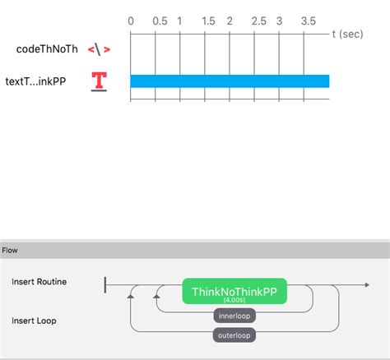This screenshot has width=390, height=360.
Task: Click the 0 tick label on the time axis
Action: coord(131,20)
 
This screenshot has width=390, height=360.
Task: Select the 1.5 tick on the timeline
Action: coord(208,20)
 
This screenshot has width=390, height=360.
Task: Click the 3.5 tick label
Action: coord(308,20)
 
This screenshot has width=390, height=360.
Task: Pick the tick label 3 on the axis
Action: coord(279,20)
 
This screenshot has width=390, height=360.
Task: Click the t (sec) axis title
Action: coord(347,35)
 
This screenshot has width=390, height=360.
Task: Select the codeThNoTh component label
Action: coord(47,49)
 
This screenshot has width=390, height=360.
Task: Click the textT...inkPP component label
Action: coord(47,81)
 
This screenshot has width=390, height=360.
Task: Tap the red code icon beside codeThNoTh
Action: coord(99,49)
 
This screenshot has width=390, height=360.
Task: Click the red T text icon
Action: coord(100,81)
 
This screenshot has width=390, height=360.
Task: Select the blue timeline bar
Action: coord(230,81)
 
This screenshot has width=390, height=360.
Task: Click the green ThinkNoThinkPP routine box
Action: coord(234,293)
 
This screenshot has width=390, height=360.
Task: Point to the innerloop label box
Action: coord(234,316)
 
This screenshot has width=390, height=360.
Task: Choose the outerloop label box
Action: coord(234,335)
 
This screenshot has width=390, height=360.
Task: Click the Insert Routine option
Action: coord(39,282)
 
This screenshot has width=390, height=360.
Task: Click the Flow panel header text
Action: coord(10,250)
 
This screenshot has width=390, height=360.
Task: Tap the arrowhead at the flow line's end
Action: coord(365,284)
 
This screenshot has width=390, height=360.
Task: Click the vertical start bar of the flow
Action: coord(105,284)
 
